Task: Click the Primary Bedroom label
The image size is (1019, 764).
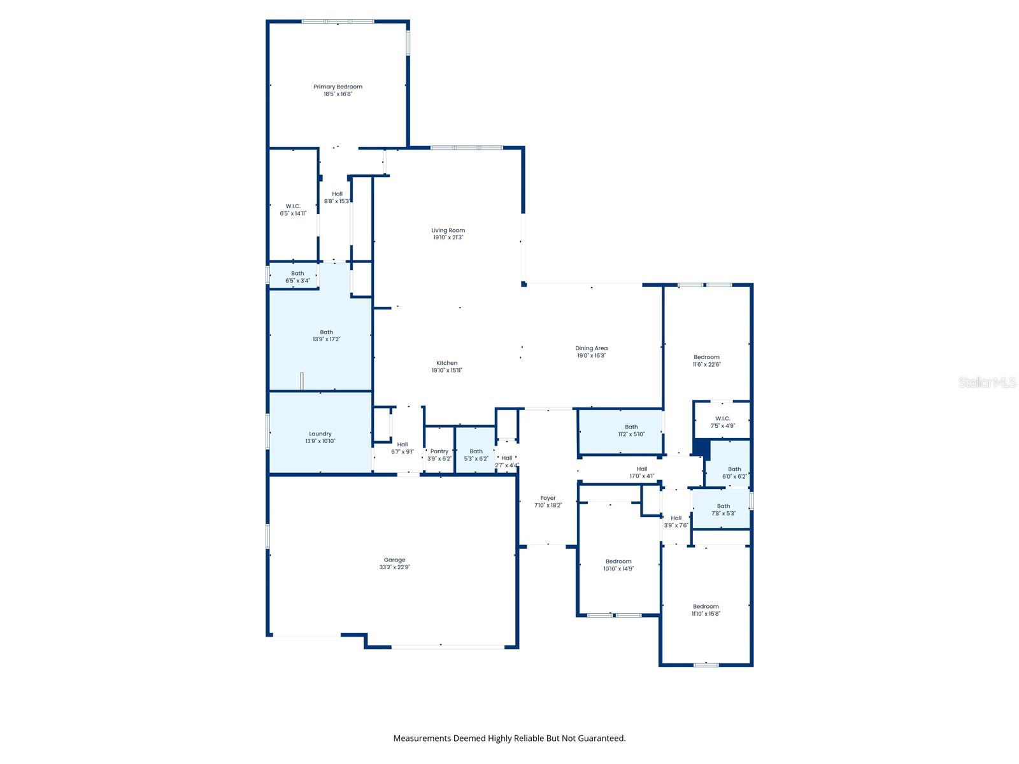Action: [x=338, y=87]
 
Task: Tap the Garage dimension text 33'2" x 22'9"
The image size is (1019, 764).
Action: [x=395, y=567]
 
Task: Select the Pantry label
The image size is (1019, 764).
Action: [x=439, y=451]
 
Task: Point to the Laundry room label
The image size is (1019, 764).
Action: [x=320, y=434]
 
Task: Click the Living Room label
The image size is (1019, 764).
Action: [x=448, y=230]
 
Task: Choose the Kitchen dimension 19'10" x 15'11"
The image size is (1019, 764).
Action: [x=446, y=371]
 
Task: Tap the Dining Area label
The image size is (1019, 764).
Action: [x=591, y=348]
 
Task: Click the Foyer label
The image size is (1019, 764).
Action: [x=548, y=498]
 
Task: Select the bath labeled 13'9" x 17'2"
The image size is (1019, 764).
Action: [x=326, y=336]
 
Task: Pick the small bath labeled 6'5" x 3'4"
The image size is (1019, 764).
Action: [x=297, y=277]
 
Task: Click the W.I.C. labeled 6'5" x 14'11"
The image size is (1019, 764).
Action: [x=293, y=209]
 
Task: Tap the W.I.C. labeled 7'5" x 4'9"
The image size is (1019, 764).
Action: [x=722, y=422]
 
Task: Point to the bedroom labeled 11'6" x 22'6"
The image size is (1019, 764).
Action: [x=706, y=361]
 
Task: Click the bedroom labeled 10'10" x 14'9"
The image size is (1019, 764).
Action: [x=618, y=565]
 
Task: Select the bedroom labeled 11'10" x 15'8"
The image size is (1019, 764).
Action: [x=706, y=610]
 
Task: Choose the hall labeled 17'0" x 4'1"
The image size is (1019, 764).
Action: [x=641, y=472]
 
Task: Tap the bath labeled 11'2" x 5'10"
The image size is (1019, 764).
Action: [x=631, y=430]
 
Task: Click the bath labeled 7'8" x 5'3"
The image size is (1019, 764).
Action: [x=723, y=509]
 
